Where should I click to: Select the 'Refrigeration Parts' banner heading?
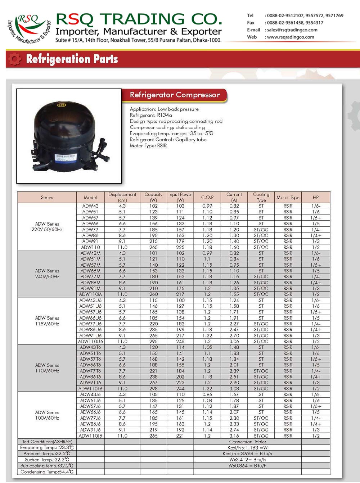click(72, 59)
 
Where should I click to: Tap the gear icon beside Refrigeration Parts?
click(14, 59)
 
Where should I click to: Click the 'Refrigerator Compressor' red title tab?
click(175, 95)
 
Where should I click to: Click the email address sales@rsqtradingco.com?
click(292, 30)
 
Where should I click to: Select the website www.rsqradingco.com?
click(290, 37)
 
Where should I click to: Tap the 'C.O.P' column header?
click(207, 197)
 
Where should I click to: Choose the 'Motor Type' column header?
click(288, 197)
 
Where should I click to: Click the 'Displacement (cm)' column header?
click(122, 197)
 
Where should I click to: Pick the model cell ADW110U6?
click(90, 342)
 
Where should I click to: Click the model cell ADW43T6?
click(90, 347)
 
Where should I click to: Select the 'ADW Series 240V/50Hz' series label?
click(47, 274)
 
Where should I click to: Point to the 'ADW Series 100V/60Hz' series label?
click(47, 415)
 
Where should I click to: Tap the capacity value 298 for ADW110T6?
click(154, 389)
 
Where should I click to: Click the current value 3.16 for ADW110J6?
click(234, 436)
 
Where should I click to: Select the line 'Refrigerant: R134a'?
click(151, 115)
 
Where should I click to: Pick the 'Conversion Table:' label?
click(248, 442)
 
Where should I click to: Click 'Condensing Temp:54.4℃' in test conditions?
click(47, 472)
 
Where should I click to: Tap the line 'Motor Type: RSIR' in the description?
click(148, 146)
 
